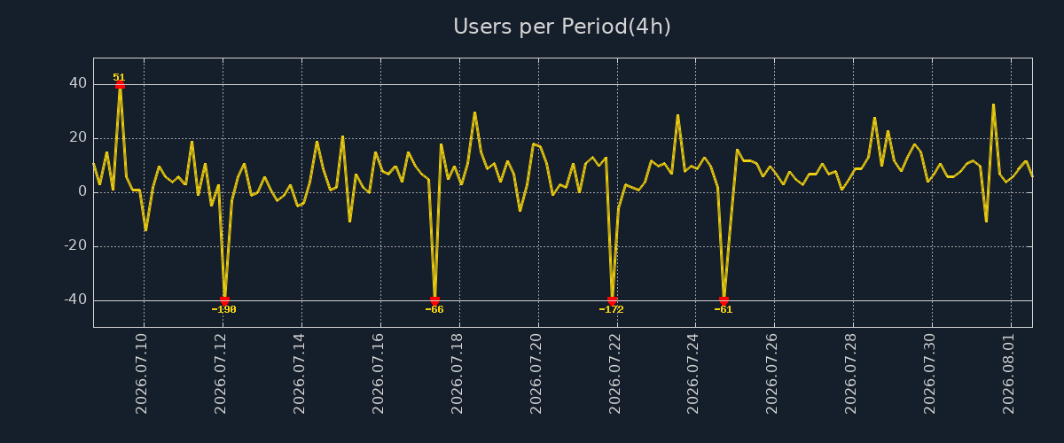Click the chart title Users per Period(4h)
point(562,27)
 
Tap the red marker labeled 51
point(121,85)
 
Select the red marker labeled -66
point(434,300)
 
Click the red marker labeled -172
point(613,300)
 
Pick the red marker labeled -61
point(724,300)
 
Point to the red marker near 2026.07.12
point(224,300)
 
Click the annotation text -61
point(724,309)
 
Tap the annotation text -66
point(434,309)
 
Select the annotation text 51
point(119,77)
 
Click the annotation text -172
point(611,309)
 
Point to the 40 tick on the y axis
point(78,83)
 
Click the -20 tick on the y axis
point(75,246)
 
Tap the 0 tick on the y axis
point(82,192)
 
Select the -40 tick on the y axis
point(75,300)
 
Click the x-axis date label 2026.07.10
point(142,374)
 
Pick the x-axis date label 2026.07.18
point(457,374)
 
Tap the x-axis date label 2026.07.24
point(693,374)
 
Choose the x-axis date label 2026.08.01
point(1008,374)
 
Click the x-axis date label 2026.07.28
point(850,374)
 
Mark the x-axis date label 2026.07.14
point(300,374)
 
